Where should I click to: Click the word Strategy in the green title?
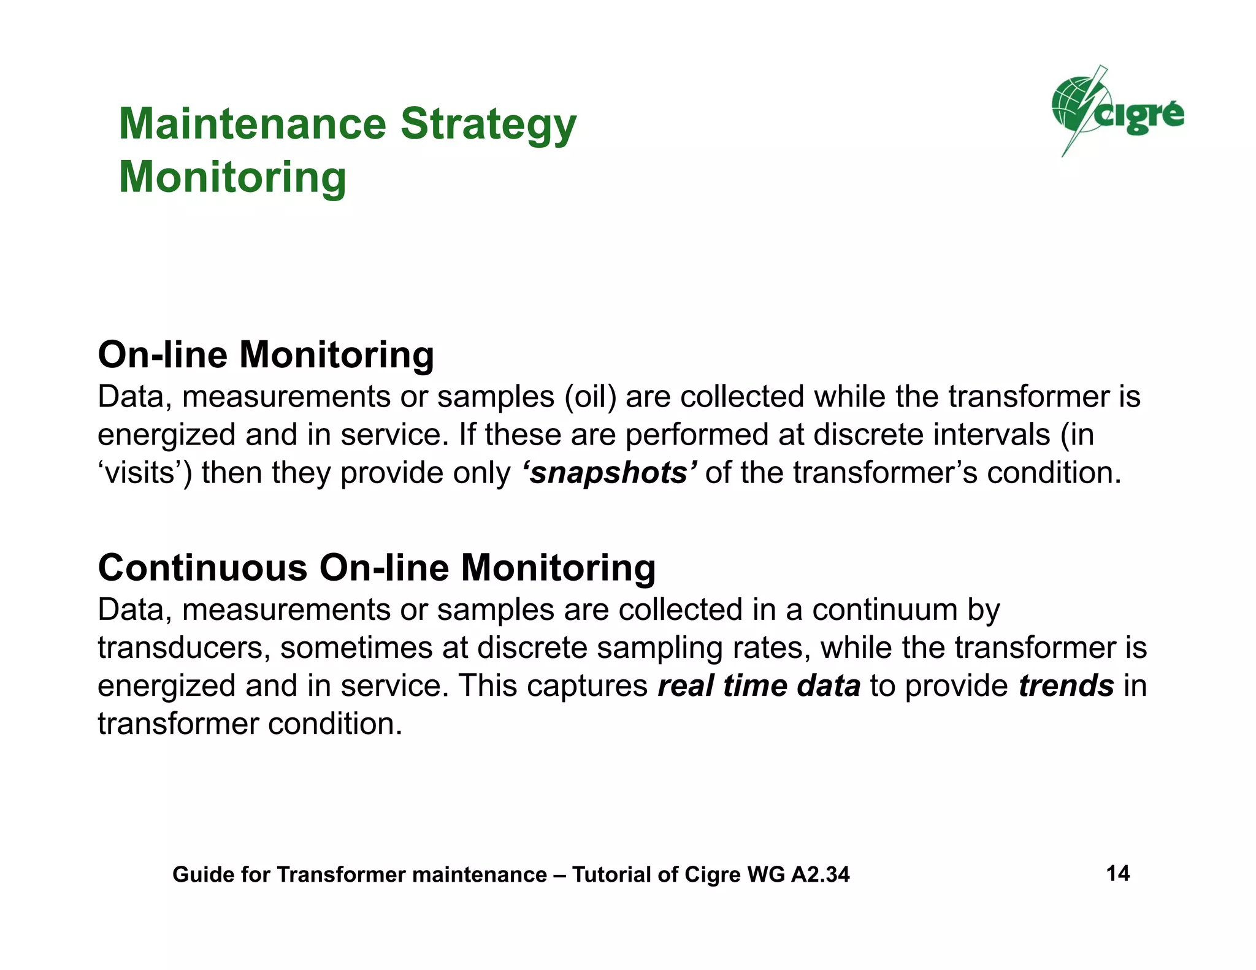coord(488,125)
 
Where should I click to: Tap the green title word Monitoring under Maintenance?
coord(232,178)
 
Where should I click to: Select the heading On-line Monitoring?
coord(266,355)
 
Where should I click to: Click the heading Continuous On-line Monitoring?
coord(377,568)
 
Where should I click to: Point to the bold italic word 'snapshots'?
coord(610,473)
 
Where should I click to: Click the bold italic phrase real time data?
coord(759,685)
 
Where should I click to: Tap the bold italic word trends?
coord(1066,685)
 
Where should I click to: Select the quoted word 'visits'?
coord(145,473)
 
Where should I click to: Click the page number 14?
coord(1117,873)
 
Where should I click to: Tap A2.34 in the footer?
coord(820,874)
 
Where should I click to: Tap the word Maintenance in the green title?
coord(252,125)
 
